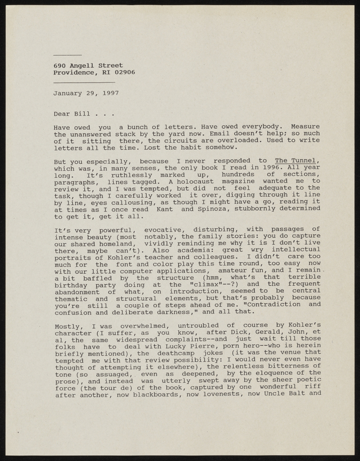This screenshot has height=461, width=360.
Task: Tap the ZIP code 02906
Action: [123, 73]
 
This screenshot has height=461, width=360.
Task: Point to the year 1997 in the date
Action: [109, 92]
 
